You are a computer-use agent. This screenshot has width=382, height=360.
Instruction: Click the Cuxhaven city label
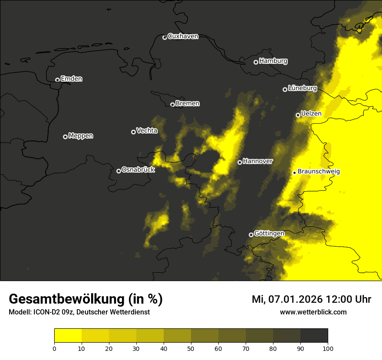coord(183,36)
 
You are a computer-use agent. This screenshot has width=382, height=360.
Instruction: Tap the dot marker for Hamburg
coord(256,62)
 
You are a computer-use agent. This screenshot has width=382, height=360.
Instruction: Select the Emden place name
coord(71,79)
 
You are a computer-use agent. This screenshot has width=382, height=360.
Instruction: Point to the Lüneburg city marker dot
coord(285,89)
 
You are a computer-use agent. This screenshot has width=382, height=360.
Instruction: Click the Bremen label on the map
coord(188,104)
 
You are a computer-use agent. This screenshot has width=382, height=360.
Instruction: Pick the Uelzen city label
coord(311,114)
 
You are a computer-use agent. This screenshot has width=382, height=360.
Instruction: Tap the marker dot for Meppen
coord(65,137)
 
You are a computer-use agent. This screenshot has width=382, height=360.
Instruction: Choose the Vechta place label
coord(147,131)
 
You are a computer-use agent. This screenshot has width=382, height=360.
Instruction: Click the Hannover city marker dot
coord(240,162)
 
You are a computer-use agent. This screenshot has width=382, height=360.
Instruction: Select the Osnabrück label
coord(138,170)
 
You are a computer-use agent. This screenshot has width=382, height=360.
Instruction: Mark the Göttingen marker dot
coord(251,235)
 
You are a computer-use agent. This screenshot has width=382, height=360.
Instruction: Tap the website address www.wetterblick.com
coord(313,312)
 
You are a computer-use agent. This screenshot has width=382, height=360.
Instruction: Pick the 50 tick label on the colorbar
coord(191,348)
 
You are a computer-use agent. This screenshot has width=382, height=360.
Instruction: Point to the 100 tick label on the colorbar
coord(328,348)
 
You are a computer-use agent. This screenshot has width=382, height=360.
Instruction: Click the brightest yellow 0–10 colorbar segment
coord(68,336)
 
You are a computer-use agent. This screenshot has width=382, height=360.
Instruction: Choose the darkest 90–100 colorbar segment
coord(314,336)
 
